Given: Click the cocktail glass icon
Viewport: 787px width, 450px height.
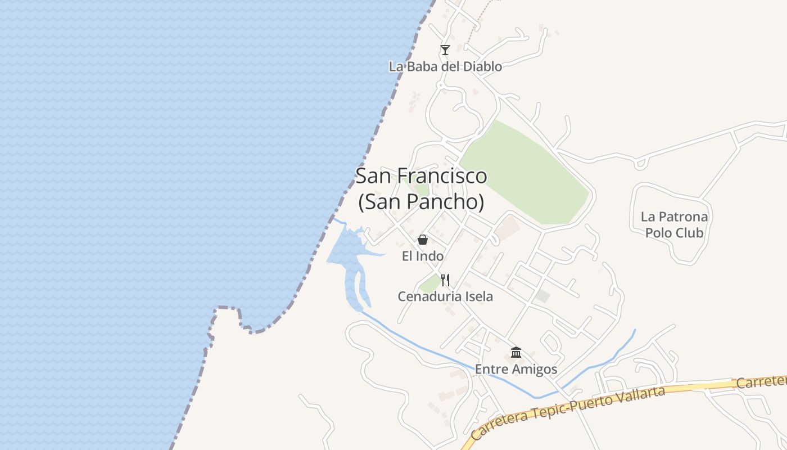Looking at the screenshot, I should click(x=445, y=50).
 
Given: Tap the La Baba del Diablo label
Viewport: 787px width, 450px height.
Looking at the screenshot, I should click(x=445, y=66).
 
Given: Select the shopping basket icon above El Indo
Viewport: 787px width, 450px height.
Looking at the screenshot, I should click(x=423, y=240).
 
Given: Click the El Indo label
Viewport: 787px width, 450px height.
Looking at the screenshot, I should click(x=423, y=256).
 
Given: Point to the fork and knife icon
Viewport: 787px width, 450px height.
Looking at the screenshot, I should click(x=445, y=280).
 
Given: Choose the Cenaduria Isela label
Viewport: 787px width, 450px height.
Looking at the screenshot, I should click(x=445, y=296).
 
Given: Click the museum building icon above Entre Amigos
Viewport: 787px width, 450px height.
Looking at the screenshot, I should click(x=516, y=353).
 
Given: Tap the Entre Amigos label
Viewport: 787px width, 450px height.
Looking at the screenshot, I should click(x=516, y=370).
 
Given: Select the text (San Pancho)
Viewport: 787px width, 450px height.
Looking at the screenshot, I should click(x=421, y=201).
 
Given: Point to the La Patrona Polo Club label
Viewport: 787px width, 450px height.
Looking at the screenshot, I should click(x=675, y=224).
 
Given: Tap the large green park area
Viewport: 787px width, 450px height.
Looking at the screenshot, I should click(x=523, y=174).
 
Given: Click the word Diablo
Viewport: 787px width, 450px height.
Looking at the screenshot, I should click(x=482, y=66).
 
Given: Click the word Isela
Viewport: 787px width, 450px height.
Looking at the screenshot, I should click(x=478, y=296).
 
